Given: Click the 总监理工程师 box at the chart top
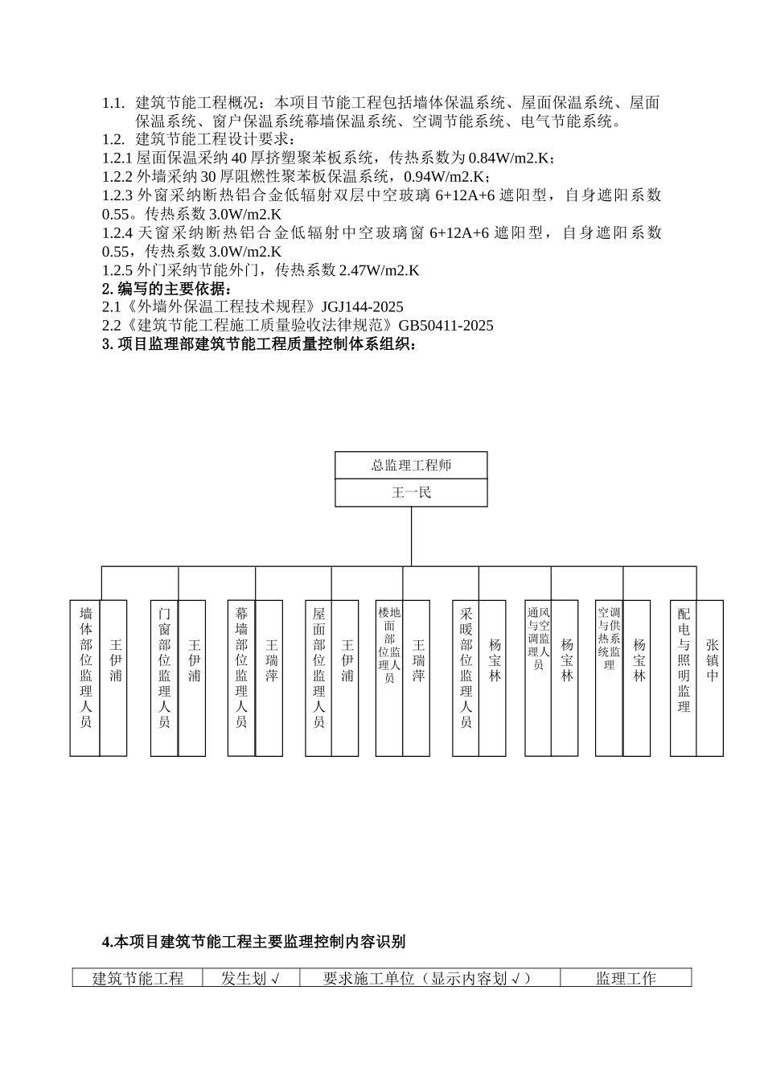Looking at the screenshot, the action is (x=411, y=466).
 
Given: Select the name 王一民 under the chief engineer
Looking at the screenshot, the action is (x=411, y=493).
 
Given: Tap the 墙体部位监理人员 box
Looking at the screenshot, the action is (x=85, y=678).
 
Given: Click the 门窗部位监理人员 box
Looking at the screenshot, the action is (x=164, y=678).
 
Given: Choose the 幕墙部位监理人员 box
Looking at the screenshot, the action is (x=241, y=678).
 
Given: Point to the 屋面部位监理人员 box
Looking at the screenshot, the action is (x=318, y=678).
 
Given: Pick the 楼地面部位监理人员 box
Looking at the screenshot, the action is (x=389, y=678).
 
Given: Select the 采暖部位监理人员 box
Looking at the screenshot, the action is (x=466, y=678).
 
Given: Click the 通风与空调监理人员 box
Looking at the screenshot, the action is (x=538, y=678).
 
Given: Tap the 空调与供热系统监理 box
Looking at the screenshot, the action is (x=609, y=678).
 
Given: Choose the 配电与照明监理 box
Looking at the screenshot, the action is (x=684, y=678).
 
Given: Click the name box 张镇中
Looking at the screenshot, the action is (x=711, y=678).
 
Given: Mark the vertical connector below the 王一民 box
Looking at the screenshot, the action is (x=411, y=536).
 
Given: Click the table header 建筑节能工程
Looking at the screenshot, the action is (x=138, y=979).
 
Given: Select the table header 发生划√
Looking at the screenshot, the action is (x=249, y=979).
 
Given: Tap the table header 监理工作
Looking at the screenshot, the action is (x=626, y=979).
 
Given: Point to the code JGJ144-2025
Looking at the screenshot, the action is (x=362, y=307).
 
